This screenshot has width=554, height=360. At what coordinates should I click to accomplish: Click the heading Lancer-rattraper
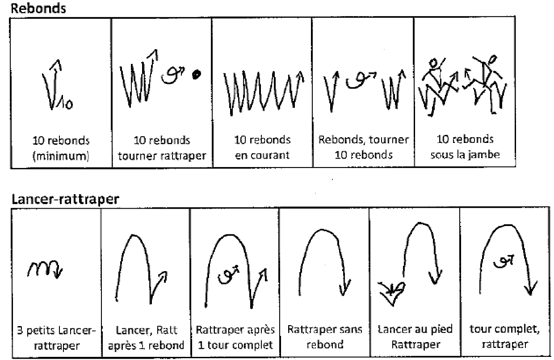coord(65,199)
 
